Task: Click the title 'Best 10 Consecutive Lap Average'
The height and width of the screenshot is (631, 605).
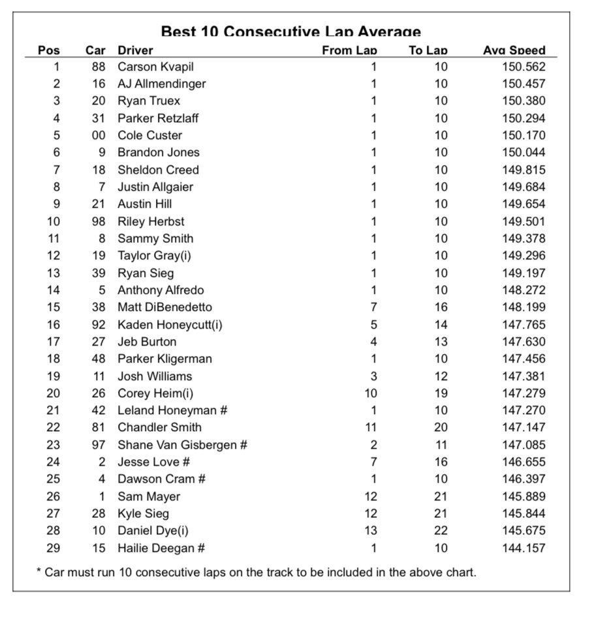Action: (290, 31)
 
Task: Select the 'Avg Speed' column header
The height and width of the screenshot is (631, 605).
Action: (514, 50)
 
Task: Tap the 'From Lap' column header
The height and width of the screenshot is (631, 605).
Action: (349, 50)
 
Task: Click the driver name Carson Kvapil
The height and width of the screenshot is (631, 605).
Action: (155, 67)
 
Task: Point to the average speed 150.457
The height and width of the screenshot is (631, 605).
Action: (523, 84)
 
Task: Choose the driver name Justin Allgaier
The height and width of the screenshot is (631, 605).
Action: (155, 187)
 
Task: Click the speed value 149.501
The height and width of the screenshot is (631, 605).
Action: (523, 221)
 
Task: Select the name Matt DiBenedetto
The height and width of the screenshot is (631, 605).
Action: (164, 307)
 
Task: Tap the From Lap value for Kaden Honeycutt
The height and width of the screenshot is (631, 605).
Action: (373, 325)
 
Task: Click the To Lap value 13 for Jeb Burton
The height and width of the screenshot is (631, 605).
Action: (441, 342)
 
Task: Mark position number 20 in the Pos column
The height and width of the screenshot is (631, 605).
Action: (53, 393)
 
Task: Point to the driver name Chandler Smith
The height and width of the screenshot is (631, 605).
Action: (159, 427)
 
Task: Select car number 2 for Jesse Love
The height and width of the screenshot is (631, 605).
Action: (102, 462)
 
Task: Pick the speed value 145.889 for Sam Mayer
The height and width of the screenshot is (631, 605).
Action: (523, 496)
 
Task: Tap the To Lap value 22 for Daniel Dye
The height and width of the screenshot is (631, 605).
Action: (441, 530)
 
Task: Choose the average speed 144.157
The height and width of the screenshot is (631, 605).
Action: (523, 548)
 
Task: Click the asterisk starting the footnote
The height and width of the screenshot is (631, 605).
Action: (39, 572)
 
